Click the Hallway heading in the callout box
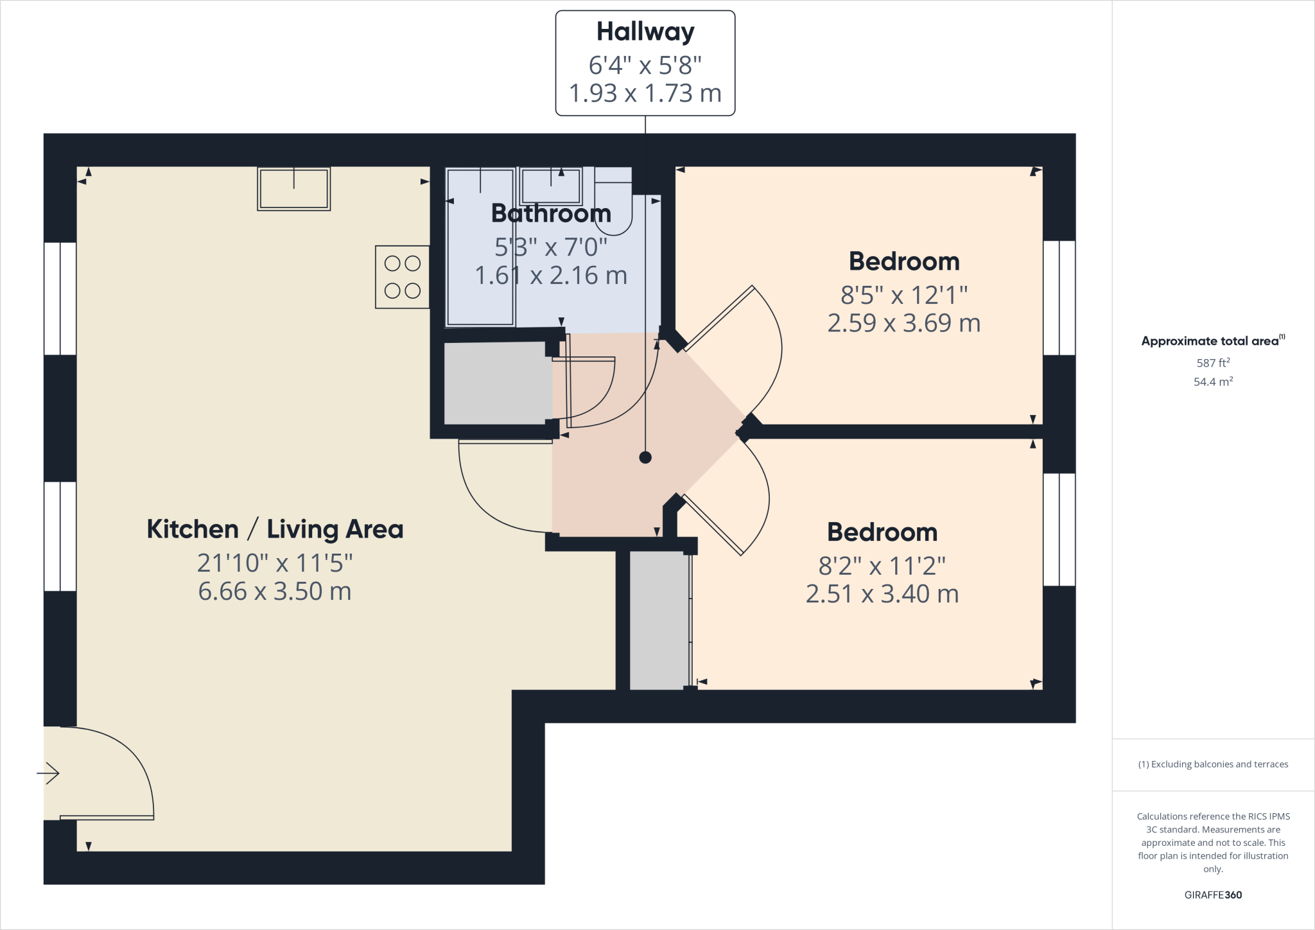pos(645,31)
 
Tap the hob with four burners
pos(403,277)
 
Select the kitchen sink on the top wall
pos(294,189)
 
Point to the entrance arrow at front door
pos(48,773)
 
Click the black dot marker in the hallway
pos(645,457)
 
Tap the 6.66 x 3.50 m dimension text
pos(275,592)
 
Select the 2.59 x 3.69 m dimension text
pos(903,323)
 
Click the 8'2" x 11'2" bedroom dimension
pos(882,566)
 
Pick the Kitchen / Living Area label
pos(275,529)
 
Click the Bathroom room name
pos(551,213)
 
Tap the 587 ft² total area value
pos(1213,363)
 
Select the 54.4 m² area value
pos(1213,382)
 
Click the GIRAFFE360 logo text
pos(1213,895)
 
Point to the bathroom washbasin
pos(551,186)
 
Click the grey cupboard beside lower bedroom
pos(658,620)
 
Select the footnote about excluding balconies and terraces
pos(1213,764)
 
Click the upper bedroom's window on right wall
pos(1059,298)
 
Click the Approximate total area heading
pos(1212,341)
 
